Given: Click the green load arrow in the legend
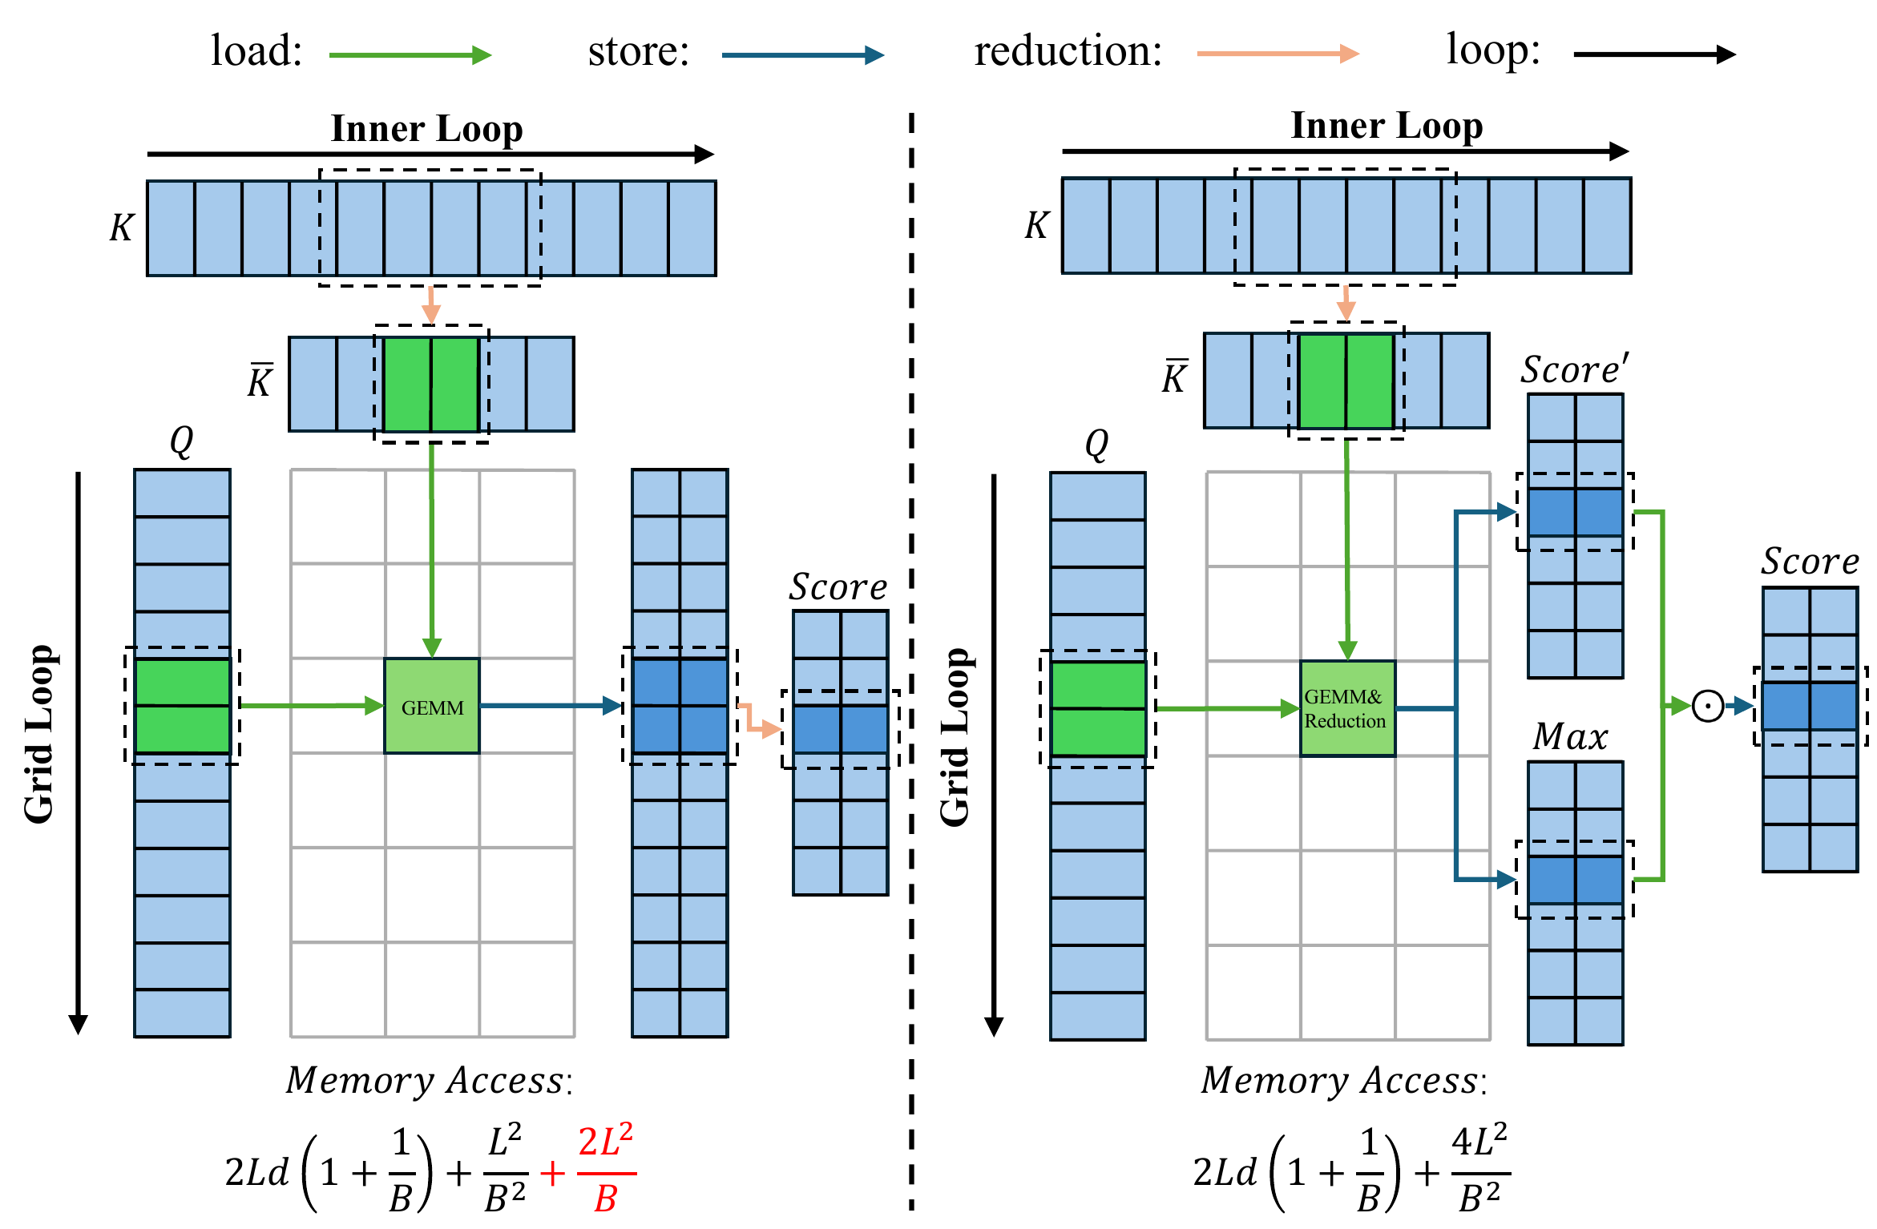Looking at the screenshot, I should [x=410, y=55].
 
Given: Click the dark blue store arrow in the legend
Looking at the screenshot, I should [x=802, y=55].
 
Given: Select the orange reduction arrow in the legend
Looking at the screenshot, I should [x=1278, y=54].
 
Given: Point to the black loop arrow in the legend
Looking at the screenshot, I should [x=1654, y=54].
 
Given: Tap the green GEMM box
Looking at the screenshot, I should [x=432, y=707].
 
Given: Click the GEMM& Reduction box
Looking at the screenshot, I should [x=1347, y=709].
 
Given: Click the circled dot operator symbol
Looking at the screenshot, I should [x=1708, y=707].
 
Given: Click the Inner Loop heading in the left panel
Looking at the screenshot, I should [x=426, y=128].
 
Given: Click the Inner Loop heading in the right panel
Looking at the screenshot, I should [x=1387, y=126].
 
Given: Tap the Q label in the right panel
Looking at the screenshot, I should [x=1096, y=444].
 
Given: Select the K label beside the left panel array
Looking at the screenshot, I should [x=122, y=228].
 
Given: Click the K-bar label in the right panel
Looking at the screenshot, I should [x=1174, y=377].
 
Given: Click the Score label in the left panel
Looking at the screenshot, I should [x=838, y=587].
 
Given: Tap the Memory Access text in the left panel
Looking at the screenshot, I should [x=429, y=1081].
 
